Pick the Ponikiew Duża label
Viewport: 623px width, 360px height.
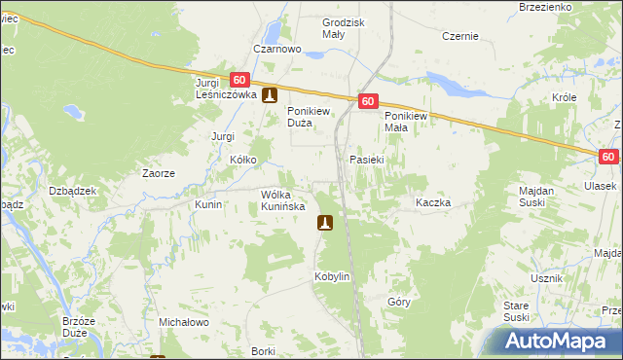pyautogui.click(x=311, y=117)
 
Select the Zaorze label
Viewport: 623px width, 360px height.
pyautogui.click(x=158, y=173)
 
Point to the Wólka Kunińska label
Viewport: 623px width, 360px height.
pyautogui.click(x=283, y=200)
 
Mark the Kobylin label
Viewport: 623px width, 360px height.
pyautogui.click(x=331, y=276)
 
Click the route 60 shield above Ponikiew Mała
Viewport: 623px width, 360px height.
pyautogui.click(x=367, y=101)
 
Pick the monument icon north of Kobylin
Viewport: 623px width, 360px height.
pyautogui.click(x=326, y=224)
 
